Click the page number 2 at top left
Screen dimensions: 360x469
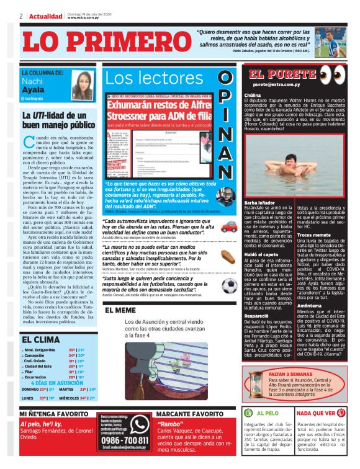click(21, 16)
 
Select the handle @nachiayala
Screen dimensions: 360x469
click(32, 98)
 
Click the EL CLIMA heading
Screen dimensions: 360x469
click(42, 339)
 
